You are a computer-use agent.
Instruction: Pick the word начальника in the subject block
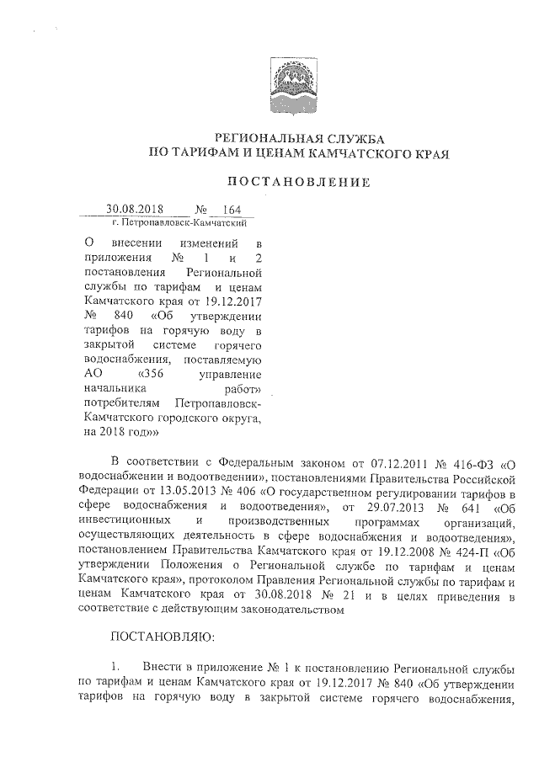[117, 388]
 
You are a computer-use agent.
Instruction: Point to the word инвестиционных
[125, 524]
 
